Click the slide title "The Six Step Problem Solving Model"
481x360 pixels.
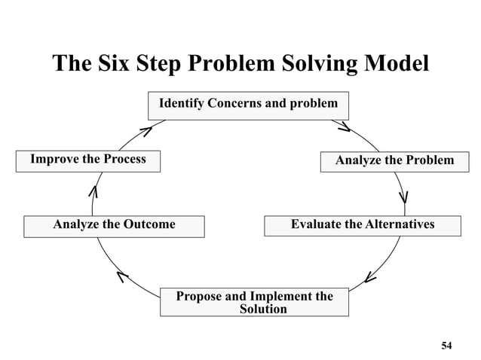(x=240, y=63)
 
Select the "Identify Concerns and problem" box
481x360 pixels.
(x=248, y=104)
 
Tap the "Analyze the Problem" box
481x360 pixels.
(x=394, y=160)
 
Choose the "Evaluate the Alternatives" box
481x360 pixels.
(x=362, y=225)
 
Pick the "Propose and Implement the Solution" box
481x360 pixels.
(x=254, y=302)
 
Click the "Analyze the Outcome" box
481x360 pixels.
(x=114, y=225)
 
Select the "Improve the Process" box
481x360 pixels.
(x=88, y=160)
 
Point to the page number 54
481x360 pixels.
(x=446, y=345)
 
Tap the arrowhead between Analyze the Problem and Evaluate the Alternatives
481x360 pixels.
(x=404, y=197)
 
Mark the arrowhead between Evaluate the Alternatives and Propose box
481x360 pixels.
(x=369, y=278)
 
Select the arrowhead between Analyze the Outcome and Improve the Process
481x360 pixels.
(x=93, y=192)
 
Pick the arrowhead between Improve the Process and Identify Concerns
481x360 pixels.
(x=146, y=131)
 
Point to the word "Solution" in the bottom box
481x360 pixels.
(x=263, y=310)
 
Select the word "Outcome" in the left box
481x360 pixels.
(x=149, y=224)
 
